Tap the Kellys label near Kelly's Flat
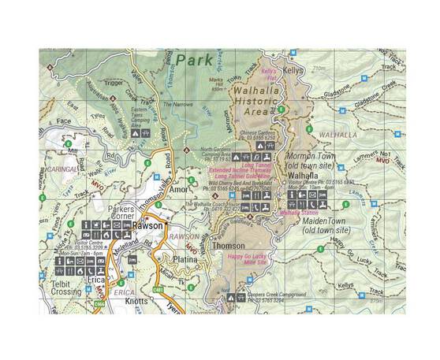click(x=293, y=70)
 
